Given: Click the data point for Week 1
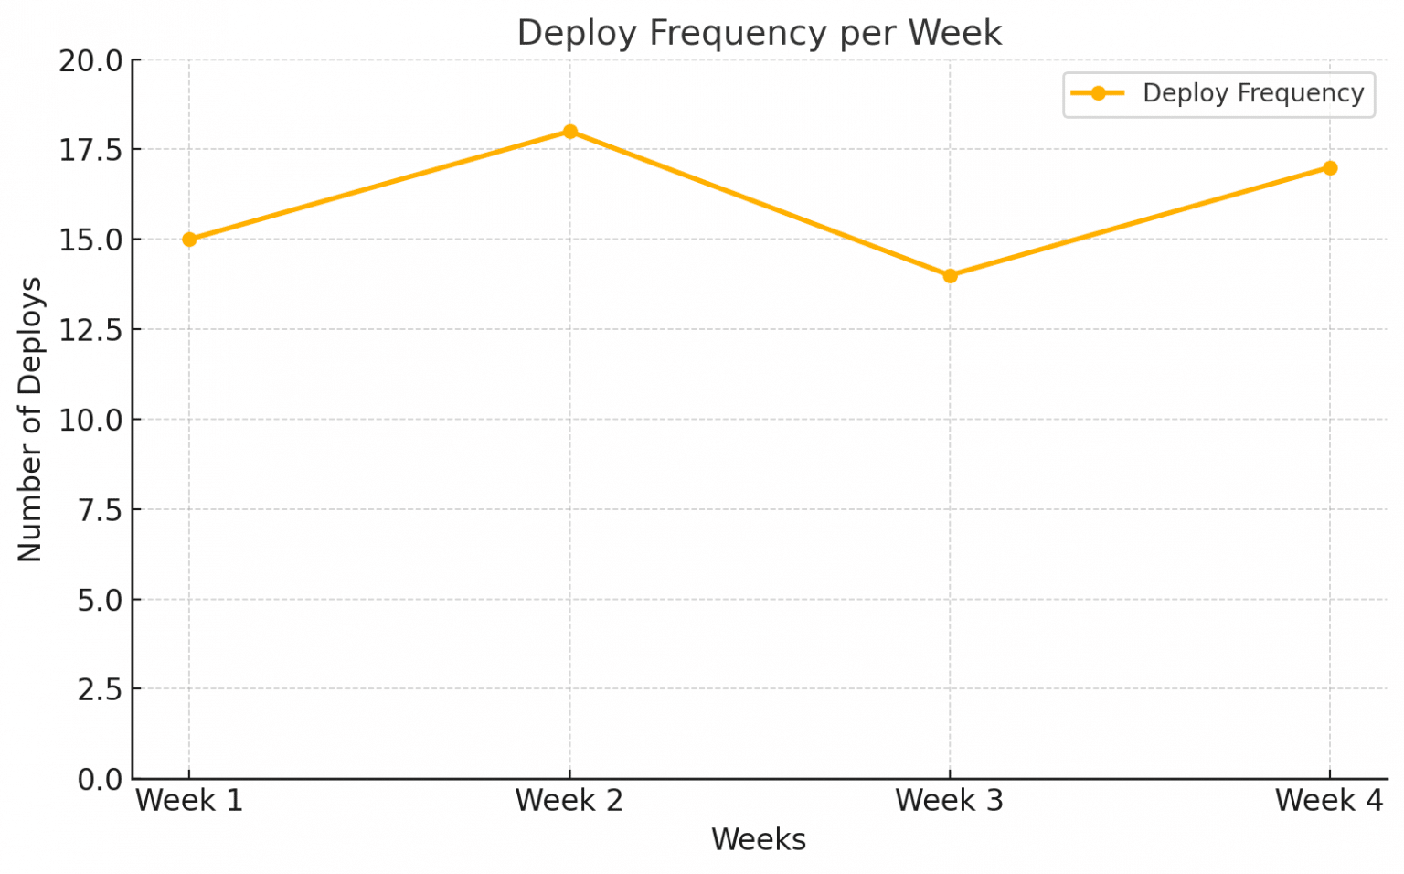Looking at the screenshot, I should click(x=189, y=240).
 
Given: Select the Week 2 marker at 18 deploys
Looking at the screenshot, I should click(x=569, y=132).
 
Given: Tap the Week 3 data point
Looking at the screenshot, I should click(x=950, y=275).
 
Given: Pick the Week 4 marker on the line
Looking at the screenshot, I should click(x=1330, y=167).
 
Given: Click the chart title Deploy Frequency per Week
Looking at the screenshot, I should click(x=759, y=33).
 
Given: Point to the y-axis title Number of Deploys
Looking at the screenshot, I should click(x=30, y=419).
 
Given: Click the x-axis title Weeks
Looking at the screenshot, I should click(x=759, y=839).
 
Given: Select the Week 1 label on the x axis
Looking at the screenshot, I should click(x=189, y=801).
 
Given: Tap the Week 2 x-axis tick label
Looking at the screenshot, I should click(x=569, y=801).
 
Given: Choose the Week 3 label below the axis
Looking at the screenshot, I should click(x=950, y=801).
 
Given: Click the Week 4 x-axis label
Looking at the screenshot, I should click(x=1330, y=801).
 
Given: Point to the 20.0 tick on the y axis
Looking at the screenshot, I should click(x=90, y=61).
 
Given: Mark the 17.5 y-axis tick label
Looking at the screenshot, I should click(x=90, y=150).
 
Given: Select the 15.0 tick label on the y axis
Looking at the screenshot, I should click(x=90, y=240).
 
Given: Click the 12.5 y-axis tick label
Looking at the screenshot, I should click(x=90, y=330).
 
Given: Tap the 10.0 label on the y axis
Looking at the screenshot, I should click(x=90, y=420).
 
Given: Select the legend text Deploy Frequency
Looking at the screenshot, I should click(x=1253, y=93).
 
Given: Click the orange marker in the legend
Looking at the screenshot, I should click(x=1098, y=93).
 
